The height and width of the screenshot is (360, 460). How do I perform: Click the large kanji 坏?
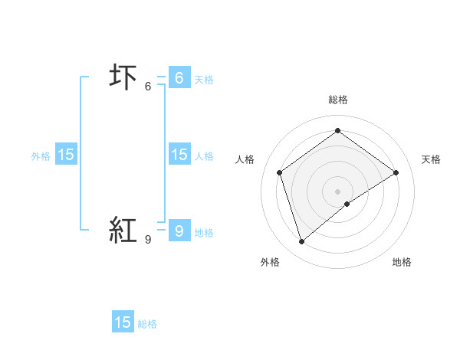pyautogui.click(x=123, y=78)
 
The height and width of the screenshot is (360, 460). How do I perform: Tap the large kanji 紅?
pyautogui.click(x=123, y=230)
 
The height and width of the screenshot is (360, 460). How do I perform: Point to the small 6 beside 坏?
pyautogui.click(x=148, y=87)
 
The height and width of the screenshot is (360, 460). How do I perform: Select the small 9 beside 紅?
pyautogui.click(x=148, y=239)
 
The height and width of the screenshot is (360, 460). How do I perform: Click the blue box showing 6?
pyautogui.click(x=179, y=77)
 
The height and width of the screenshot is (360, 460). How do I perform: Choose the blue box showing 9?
pyautogui.click(x=179, y=229)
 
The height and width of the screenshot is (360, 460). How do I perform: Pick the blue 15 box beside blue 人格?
pyautogui.click(x=179, y=155)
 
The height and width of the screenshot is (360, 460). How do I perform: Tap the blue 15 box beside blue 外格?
pyautogui.click(x=66, y=155)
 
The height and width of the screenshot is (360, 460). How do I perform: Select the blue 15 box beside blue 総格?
pyautogui.click(x=123, y=322)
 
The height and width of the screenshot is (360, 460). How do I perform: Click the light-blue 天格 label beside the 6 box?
pyautogui.click(x=204, y=79)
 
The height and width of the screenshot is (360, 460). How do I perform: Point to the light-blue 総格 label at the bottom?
pyautogui.click(x=147, y=324)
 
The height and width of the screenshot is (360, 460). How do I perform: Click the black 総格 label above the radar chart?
pyautogui.click(x=338, y=100)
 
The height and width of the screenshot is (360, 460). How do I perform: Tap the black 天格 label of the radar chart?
pyautogui.click(x=431, y=159)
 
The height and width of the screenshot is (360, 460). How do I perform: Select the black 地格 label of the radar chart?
pyautogui.click(x=402, y=262)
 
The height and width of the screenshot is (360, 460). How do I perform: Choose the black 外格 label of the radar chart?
pyautogui.click(x=270, y=262)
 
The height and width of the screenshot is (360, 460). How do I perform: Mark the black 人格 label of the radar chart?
pyautogui.click(x=245, y=159)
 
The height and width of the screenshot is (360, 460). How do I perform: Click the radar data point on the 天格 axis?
pyautogui.click(x=396, y=172)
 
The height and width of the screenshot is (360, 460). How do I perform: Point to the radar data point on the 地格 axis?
pyautogui.click(x=348, y=204)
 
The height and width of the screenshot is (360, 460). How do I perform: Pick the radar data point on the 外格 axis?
pyautogui.click(x=302, y=242)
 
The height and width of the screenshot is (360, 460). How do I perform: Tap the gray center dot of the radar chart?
pyautogui.click(x=338, y=191)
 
